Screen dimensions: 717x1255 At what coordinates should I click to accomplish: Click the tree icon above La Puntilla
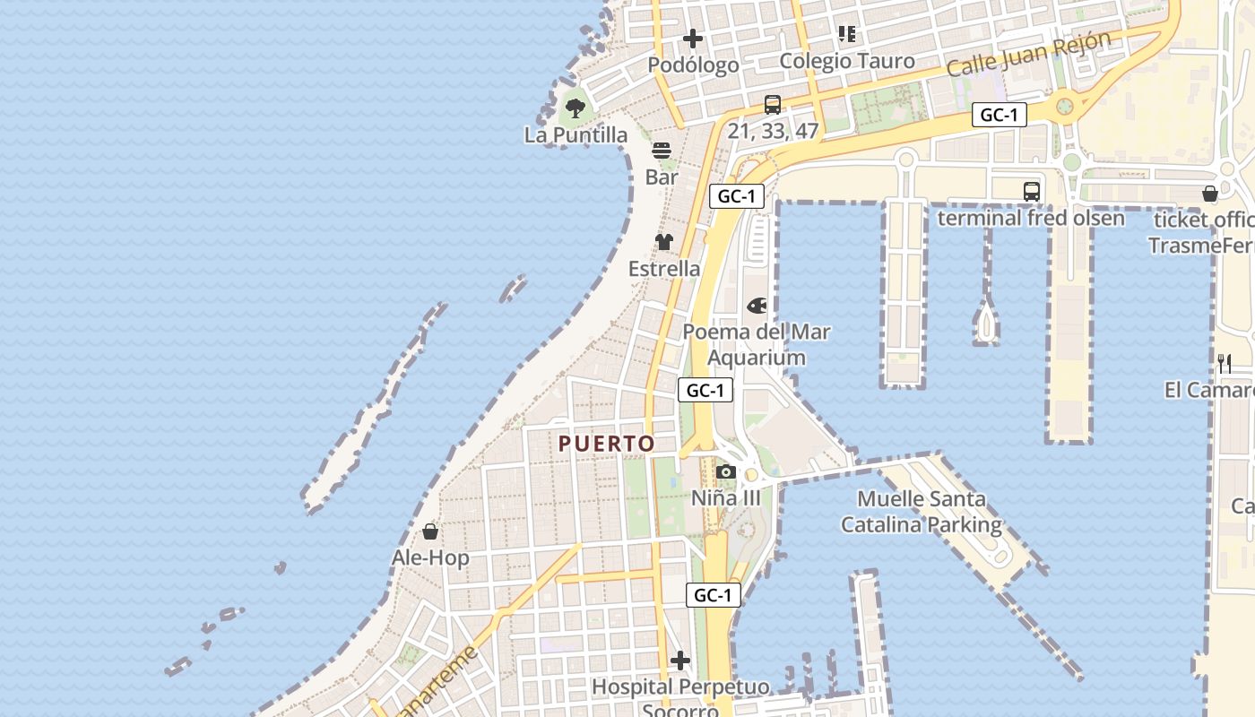tap(576, 108)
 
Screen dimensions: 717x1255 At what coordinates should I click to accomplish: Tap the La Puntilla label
tap(576, 135)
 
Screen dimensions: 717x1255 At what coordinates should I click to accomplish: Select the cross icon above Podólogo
tap(693, 39)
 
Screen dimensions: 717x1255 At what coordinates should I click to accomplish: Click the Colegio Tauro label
tap(847, 61)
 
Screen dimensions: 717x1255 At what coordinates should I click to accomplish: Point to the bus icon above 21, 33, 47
tap(773, 105)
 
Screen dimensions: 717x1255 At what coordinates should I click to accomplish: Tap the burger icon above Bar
tap(662, 150)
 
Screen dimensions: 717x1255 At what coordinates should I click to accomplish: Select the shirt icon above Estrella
tap(664, 241)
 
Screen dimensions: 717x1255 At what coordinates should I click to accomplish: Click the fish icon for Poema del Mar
tap(757, 307)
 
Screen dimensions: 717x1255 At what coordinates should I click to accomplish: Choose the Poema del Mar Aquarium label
tap(757, 344)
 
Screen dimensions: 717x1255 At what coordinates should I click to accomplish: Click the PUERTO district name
tap(607, 444)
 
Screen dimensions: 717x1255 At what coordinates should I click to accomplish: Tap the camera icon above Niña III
tap(726, 471)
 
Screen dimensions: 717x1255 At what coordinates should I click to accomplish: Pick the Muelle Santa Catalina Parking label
tap(922, 512)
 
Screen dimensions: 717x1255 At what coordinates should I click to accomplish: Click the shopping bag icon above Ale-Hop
tap(430, 531)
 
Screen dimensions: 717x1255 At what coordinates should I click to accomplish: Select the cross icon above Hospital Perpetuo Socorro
tap(680, 661)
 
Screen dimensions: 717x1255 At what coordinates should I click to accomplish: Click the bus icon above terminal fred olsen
tap(1032, 191)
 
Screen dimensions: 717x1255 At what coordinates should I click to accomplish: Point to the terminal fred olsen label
tap(1031, 218)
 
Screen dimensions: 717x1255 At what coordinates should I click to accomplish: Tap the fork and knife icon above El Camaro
tap(1225, 363)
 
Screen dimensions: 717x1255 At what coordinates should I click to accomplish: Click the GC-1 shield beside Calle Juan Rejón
tap(1000, 115)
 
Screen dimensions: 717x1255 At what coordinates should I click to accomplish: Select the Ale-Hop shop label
tap(430, 558)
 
